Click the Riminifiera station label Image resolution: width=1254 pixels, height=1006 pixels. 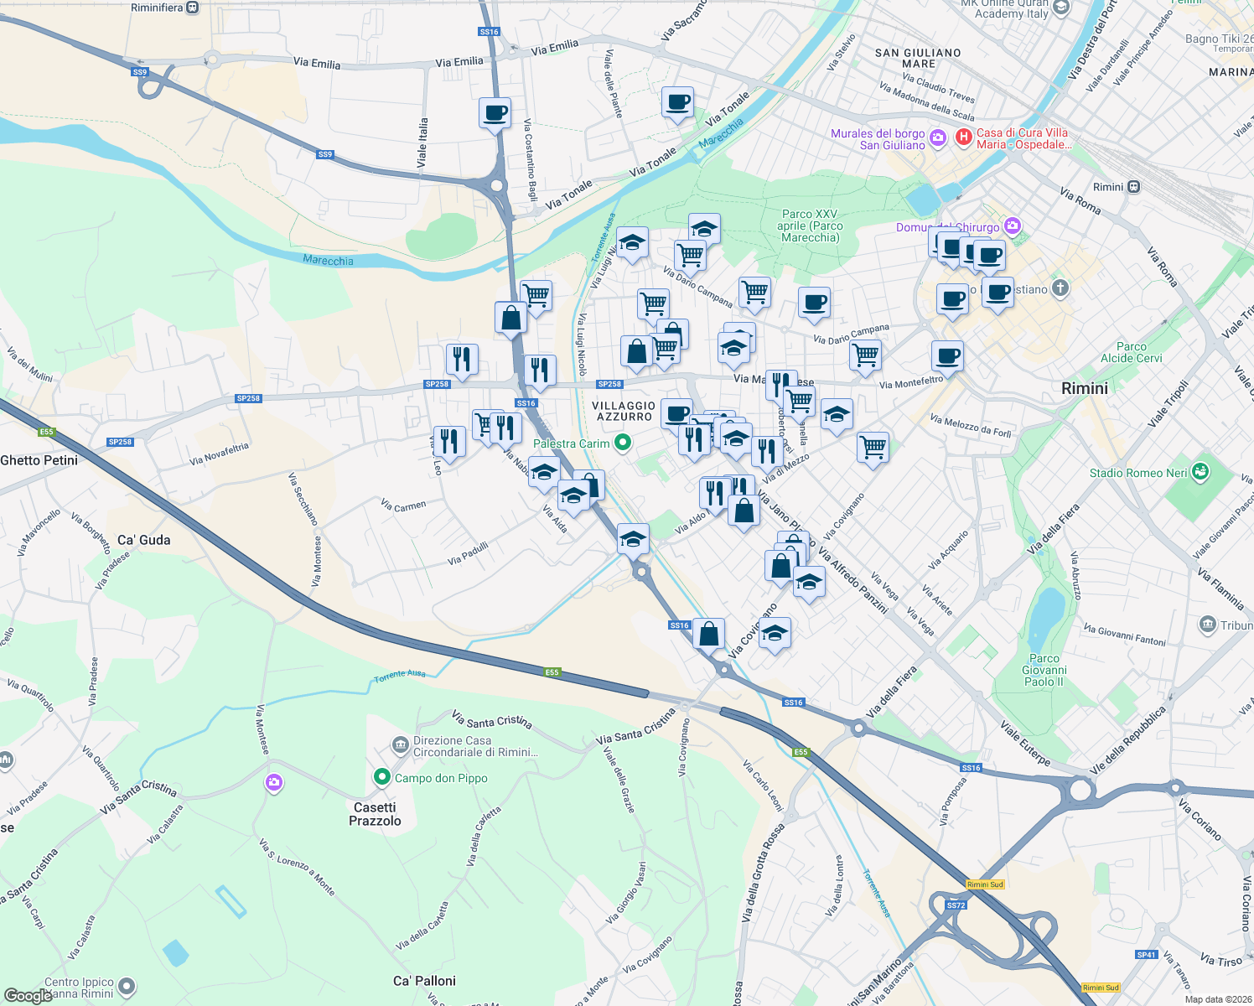point(157,8)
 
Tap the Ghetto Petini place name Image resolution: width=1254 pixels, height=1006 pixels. point(39,460)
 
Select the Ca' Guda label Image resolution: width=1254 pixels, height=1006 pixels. point(143,540)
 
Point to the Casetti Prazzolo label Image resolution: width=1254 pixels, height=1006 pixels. point(375,814)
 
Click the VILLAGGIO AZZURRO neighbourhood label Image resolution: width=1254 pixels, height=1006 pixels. point(624,411)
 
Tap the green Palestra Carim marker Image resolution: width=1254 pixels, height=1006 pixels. point(622,443)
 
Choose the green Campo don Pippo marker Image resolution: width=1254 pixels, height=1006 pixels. point(382,778)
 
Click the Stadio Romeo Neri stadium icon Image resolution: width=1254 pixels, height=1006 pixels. point(1201,472)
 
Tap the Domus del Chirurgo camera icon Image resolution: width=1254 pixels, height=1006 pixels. point(1013,226)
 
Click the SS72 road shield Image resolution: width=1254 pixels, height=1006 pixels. point(956,905)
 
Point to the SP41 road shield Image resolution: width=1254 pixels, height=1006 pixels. point(1147,955)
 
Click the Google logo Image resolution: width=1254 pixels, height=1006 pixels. point(28,996)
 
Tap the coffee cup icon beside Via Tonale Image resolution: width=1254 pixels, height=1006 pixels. point(677,103)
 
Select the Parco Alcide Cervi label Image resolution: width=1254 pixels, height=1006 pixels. point(1131,352)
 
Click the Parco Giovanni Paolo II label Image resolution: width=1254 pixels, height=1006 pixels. point(1044,670)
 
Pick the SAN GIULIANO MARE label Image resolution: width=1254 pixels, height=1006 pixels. point(918,58)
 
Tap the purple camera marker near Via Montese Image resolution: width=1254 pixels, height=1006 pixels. point(273,783)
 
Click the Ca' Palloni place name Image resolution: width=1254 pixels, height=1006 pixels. point(424,981)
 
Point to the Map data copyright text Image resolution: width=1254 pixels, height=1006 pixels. point(1215,999)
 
